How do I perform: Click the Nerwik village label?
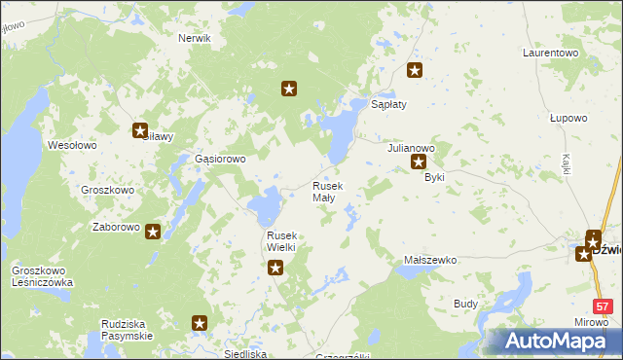(195, 38)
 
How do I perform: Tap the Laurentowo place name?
(550, 52)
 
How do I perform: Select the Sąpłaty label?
(388, 103)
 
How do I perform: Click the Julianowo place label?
(411, 148)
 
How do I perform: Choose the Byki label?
(434, 178)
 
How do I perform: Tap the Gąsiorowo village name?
(220, 159)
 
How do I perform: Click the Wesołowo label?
(72, 145)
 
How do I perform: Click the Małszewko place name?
(430, 261)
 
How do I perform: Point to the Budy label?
(466, 304)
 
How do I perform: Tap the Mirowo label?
(587, 321)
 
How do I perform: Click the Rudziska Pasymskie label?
(127, 329)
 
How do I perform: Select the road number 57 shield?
(605, 306)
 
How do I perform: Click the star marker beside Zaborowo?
(153, 231)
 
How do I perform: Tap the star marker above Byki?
(420, 162)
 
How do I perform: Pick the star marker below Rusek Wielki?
(275, 269)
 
